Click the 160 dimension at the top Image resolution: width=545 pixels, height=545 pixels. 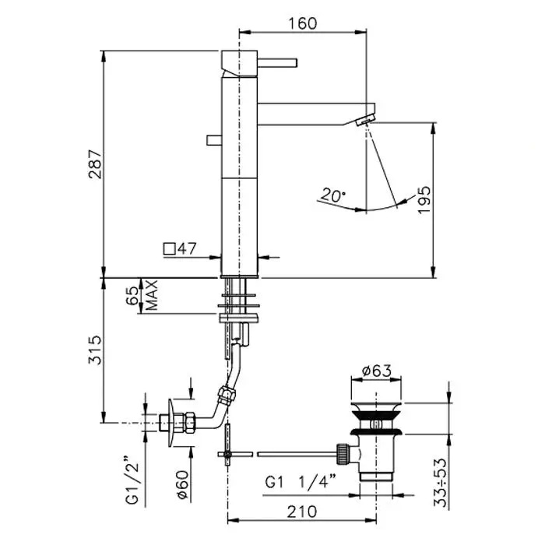(303, 23)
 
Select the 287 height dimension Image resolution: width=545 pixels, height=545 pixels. (96, 164)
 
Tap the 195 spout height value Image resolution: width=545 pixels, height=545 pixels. (424, 200)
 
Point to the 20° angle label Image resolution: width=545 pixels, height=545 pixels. (333, 195)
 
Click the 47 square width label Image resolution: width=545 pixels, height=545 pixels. (187, 248)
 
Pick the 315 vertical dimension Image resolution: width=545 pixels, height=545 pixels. (96, 350)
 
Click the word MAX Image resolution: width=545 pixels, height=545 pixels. (153, 295)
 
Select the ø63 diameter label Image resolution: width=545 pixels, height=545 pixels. (376, 371)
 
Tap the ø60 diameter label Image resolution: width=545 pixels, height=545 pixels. (183, 485)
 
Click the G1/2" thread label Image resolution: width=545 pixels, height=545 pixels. (132, 483)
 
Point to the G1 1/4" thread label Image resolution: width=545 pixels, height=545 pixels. (301, 482)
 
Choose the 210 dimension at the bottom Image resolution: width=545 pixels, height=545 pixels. (302, 512)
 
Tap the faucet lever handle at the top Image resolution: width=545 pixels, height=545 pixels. (277, 62)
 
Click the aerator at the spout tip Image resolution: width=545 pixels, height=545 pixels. (364, 121)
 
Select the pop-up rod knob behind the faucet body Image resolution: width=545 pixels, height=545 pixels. (214, 139)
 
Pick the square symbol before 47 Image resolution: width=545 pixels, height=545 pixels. (170, 249)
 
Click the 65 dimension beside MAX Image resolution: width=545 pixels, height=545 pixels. (132, 296)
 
